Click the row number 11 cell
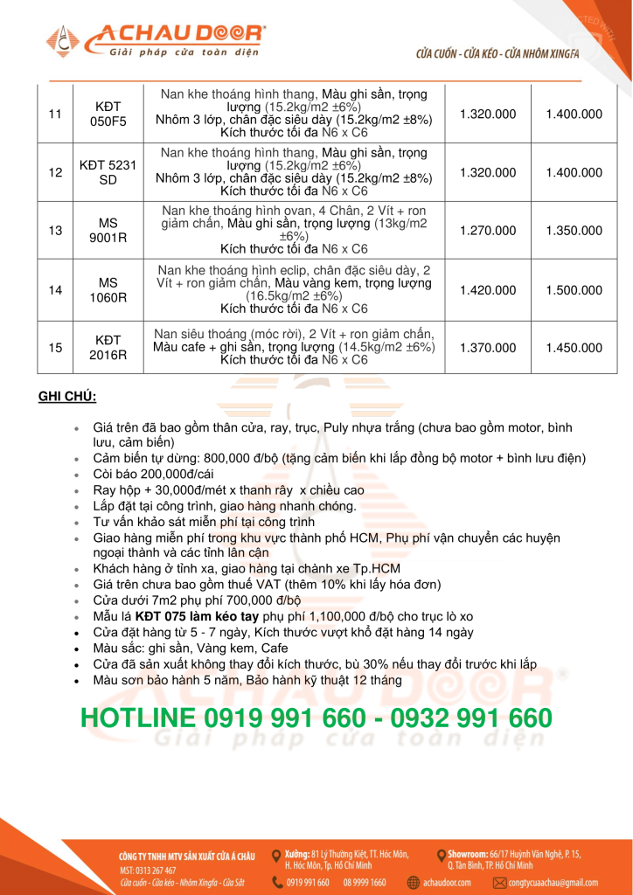tap(56, 114)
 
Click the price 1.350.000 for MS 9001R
tap(574, 232)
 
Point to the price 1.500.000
tap(574, 290)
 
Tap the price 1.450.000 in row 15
tap(574, 348)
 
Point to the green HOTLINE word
tap(137, 718)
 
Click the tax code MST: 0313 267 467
tap(148, 871)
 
